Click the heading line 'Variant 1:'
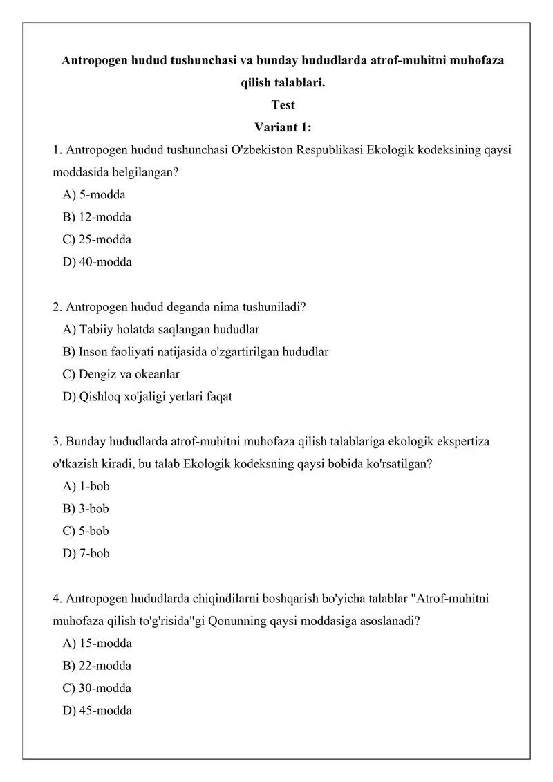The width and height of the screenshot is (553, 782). [x=283, y=127]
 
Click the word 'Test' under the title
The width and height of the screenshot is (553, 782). [x=283, y=105]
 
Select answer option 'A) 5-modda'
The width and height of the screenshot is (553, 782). [x=94, y=195]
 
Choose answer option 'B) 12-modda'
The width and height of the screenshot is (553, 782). [x=97, y=217]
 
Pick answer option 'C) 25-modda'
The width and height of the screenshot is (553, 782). [x=97, y=240]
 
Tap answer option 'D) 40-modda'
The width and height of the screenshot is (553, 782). [x=97, y=262]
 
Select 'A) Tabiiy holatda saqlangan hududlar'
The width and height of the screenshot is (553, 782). [x=160, y=329]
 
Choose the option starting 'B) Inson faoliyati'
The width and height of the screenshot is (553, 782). [x=195, y=352]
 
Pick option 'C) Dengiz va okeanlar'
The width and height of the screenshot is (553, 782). [x=121, y=374]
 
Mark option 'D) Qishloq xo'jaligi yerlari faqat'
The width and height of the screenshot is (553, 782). [x=147, y=397]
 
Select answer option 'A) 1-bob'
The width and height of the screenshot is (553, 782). [x=86, y=486]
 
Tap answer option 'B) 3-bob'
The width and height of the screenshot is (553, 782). [x=86, y=509]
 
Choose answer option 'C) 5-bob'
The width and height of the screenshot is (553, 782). [x=86, y=531]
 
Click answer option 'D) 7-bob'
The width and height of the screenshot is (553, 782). [x=86, y=554]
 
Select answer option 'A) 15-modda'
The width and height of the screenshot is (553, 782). [x=97, y=644]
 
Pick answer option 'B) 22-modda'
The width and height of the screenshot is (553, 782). [x=97, y=666]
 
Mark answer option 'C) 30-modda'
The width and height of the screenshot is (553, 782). [x=97, y=689]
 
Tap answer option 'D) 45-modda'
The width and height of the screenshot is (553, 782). [x=97, y=711]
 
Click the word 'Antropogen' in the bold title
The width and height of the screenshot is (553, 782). [x=95, y=61]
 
